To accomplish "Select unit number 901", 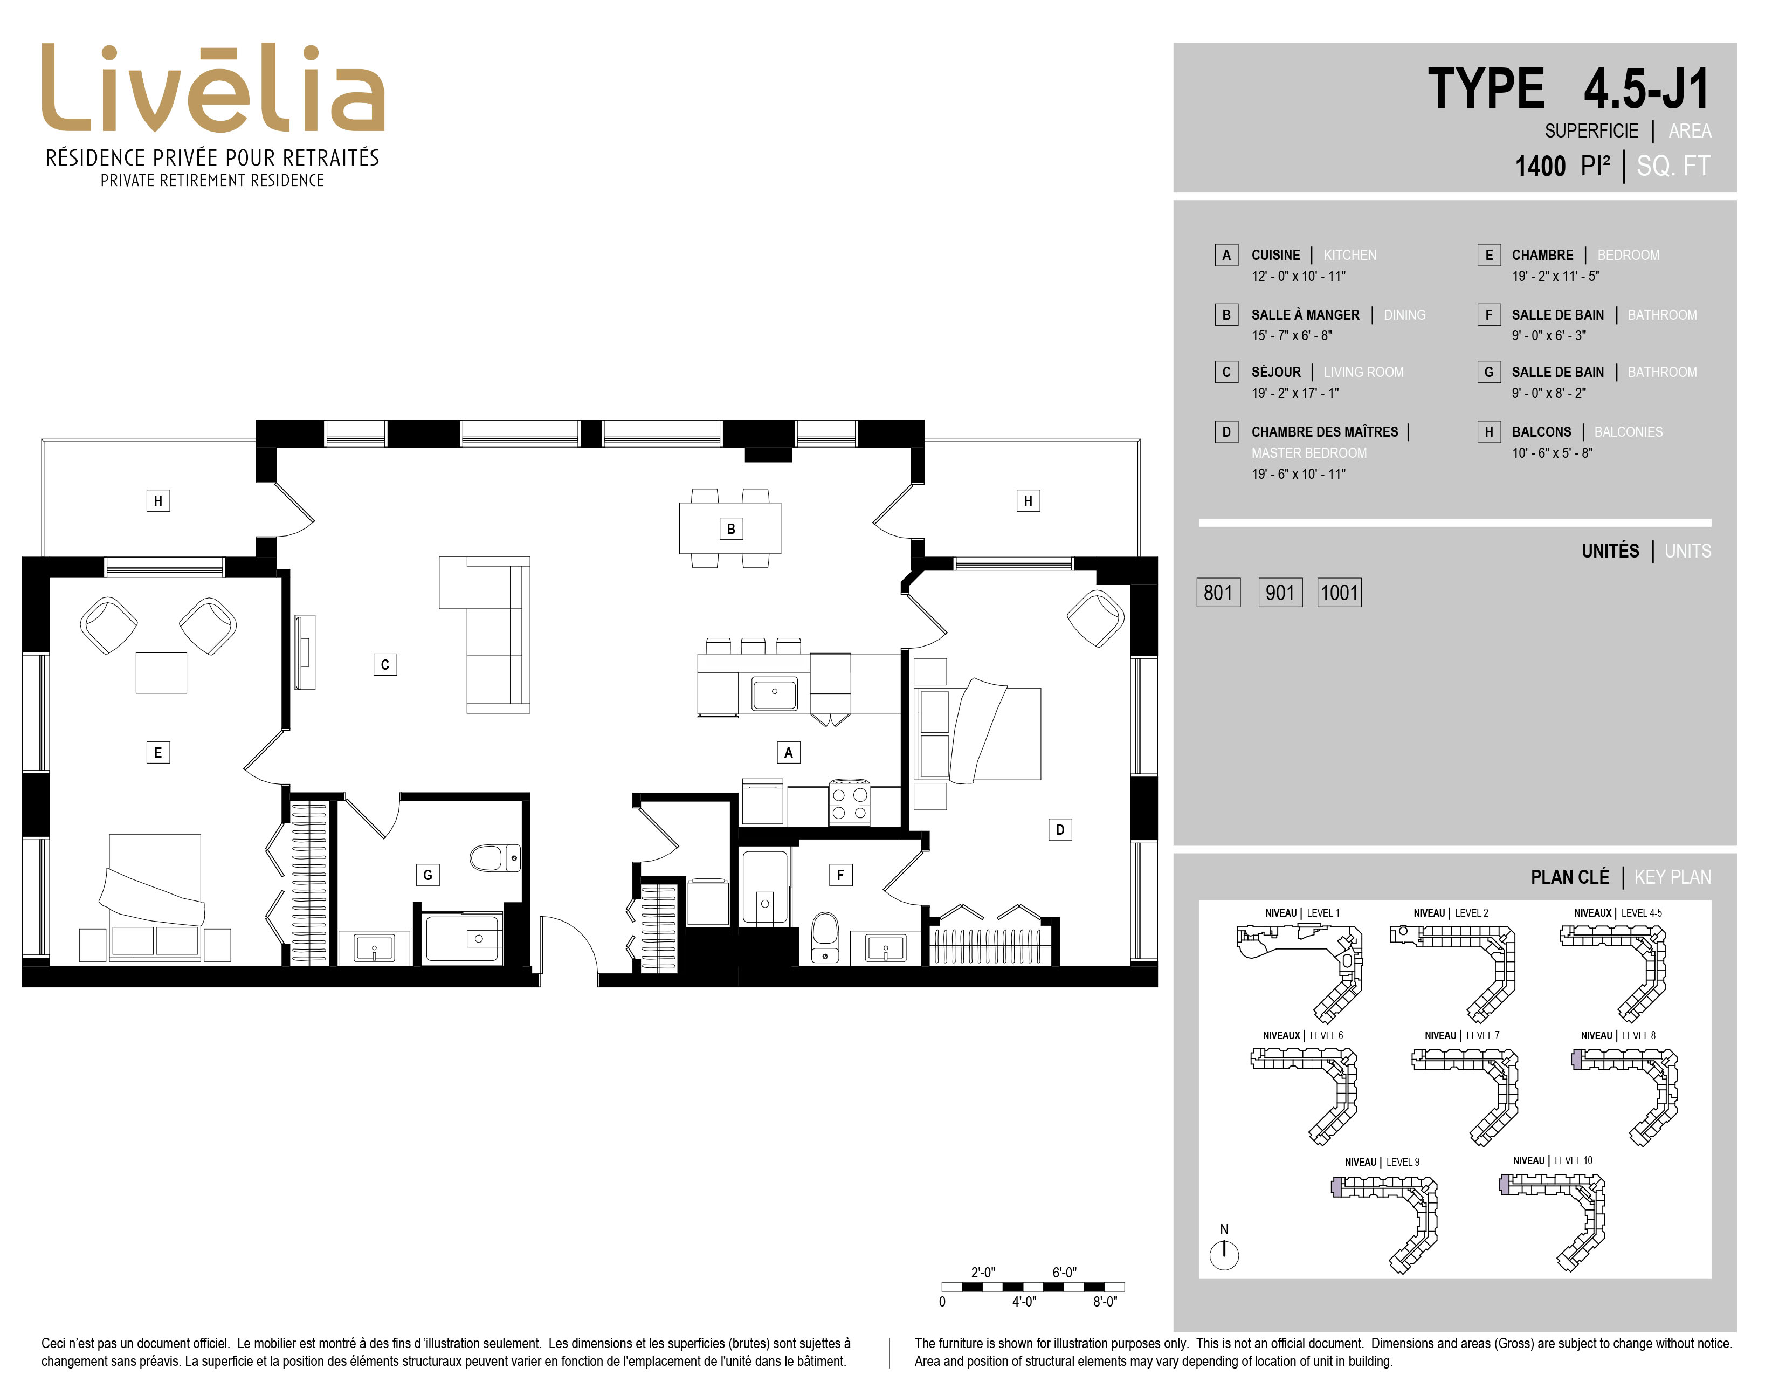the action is [1280, 592].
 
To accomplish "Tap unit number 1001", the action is [1339, 592].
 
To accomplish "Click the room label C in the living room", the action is [385, 665].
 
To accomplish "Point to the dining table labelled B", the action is [730, 528].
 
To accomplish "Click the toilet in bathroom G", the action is [494, 858].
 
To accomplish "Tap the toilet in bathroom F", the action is [825, 938].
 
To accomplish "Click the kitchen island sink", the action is [775, 694].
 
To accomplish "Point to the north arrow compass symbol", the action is [1224, 1254].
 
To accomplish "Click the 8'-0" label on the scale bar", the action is [1105, 1302].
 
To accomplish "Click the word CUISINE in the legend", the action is [1275, 255].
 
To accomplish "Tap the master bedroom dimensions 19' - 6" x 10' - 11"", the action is [1299, 474].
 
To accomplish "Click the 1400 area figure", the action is [1540, 166].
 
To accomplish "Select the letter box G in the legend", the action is [1489, 372].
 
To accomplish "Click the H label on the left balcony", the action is [158, 501].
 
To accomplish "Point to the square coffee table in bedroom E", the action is [161, 673].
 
